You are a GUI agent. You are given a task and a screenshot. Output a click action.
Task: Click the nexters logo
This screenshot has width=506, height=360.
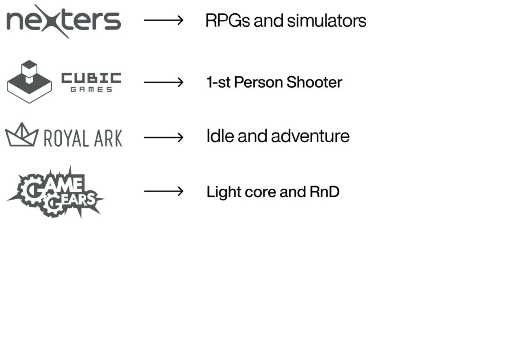(x=63, y=21)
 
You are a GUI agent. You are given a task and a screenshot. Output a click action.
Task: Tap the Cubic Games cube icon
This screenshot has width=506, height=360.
(x=29, y=82)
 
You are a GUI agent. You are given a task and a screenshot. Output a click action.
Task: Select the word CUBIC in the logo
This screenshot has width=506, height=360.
(x=91, y=78)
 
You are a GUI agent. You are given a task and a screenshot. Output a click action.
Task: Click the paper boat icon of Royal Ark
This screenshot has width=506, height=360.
(x=21, y=135)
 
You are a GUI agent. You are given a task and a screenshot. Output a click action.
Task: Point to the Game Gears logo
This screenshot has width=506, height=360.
(x=55, y=192)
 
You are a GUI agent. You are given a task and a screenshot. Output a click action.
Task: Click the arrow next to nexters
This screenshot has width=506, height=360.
(x=164, y=20)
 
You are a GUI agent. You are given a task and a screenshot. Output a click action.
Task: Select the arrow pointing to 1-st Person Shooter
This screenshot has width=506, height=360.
(x=164, y=82)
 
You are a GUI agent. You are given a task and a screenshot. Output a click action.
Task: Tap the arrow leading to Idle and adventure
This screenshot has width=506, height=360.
(x=164, y=137)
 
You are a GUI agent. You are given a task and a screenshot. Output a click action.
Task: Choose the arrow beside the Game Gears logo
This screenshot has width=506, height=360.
(x=164, y=191)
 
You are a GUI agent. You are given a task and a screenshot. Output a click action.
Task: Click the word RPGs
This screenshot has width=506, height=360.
(x=227, y=21)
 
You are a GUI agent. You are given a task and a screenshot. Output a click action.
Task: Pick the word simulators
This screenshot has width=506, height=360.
(x=326, y=21)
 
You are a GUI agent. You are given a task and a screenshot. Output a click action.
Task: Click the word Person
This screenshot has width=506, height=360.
(x=258, y=82)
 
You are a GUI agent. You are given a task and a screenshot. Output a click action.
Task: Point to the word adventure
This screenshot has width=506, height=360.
(x=310, y=136)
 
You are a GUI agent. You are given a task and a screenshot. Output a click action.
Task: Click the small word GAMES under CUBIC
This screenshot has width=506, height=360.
(x=91, y=90)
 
